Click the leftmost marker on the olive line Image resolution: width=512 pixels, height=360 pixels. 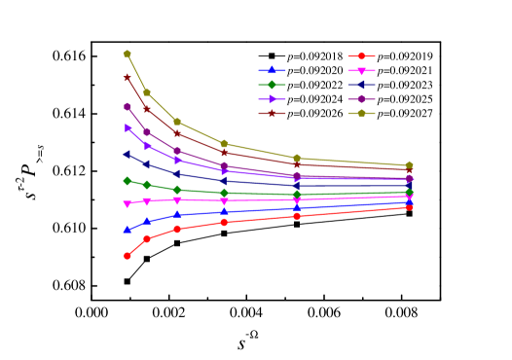click(128, 54)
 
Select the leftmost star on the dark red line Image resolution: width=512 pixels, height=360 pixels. click(128, 77)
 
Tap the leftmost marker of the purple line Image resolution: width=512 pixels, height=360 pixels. click(128, 106)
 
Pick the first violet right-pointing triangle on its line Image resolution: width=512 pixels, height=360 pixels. click(128, 127)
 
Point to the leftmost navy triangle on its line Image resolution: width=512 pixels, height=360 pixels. click(128, 154)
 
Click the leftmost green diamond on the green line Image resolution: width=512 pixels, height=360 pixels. click(128, 181)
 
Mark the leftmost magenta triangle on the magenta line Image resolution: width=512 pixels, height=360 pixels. click(128, 203)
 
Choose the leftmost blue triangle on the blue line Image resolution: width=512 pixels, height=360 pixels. click(128, 230)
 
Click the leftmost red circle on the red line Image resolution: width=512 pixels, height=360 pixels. click(128, 256)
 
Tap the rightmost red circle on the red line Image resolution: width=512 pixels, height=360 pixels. click(409, 207)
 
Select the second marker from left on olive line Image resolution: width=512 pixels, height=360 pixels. click(147, 92)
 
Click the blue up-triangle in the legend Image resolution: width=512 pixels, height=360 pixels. click(272, 70)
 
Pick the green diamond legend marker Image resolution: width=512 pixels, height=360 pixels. click(272, 85)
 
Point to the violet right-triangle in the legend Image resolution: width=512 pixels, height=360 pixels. click(272, 99)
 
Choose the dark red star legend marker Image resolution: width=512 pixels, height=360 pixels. click(272, 113)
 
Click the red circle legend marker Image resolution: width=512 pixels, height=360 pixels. click(361, 56)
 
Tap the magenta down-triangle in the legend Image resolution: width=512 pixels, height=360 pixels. click(361, 71)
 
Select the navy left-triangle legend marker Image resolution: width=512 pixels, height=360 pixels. click(361, 85)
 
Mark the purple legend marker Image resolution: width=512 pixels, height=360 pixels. click(361, 99)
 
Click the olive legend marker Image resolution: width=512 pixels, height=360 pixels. click(361, 113)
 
